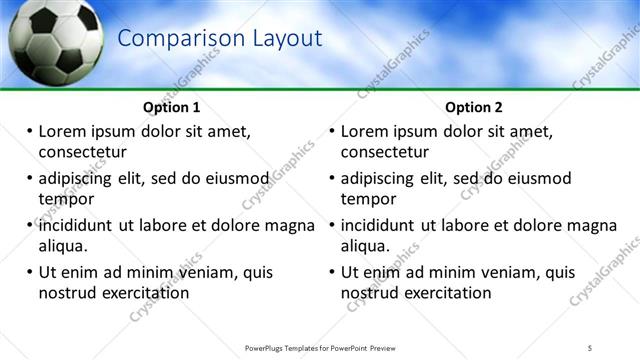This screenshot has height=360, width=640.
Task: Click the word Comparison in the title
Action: pos(171,39)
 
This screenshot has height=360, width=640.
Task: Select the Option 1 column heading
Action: pos(172,107)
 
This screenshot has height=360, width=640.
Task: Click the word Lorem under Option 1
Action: pos(62,131)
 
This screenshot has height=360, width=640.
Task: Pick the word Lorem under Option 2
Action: pos(365,131)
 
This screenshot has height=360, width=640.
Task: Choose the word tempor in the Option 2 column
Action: pos(369,199)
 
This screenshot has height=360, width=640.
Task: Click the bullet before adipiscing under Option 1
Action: pos(30,179)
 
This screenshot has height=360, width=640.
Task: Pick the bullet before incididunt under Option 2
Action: pos(333,226)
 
